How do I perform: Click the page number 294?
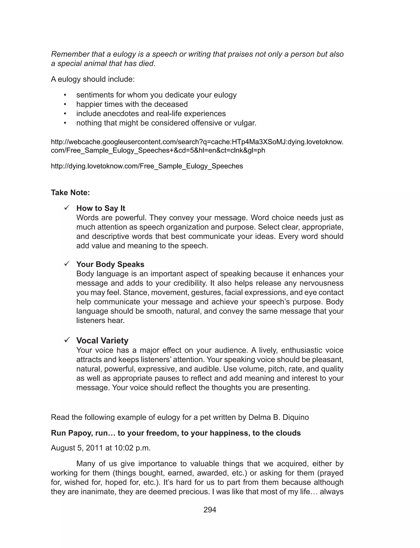210,510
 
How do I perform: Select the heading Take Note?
70,192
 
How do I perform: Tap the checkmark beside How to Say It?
66,207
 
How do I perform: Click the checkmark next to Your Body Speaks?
66,263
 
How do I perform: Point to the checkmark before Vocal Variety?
66,340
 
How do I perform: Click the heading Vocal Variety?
102,341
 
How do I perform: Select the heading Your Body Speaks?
110,264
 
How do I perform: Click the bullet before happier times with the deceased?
65,104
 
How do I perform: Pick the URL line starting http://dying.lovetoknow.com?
147,166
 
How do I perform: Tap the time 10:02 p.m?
132,448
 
